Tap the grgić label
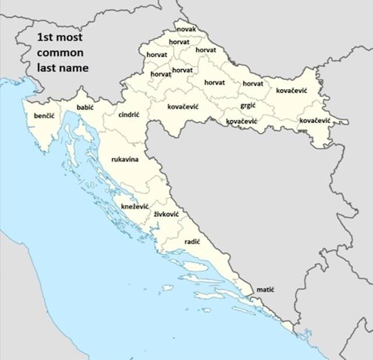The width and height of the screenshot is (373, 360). (248, 106)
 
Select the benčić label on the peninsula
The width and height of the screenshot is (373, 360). (44, 117)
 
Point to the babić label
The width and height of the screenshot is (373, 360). (85, 108)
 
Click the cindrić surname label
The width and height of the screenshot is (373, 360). (129, 115)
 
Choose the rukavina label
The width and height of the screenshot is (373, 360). (125, 159)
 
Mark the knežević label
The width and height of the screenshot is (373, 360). (135, 207)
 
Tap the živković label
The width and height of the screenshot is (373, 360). (166, 215)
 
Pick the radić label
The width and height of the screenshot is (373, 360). (192, 241)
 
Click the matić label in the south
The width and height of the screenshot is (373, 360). (265, 290)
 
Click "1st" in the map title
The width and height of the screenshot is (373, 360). (46, 38)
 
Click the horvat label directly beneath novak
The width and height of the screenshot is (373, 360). (179, 42)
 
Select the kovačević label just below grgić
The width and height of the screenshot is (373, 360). (241, 121)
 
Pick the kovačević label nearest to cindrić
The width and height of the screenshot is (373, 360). (183, 107)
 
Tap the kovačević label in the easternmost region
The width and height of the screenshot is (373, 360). (315, 120)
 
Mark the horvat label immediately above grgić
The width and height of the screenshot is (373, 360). (253, 84)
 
